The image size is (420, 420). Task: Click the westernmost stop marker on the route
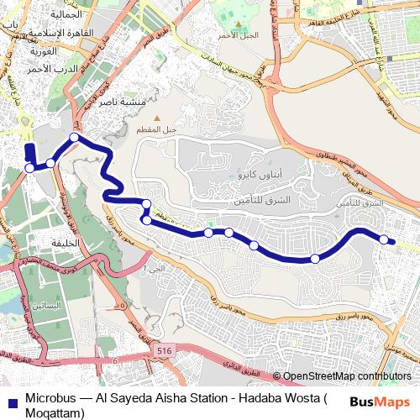29,168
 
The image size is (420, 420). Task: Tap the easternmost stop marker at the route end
384,240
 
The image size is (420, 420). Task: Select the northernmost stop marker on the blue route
75,137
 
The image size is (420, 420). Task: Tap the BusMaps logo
380,402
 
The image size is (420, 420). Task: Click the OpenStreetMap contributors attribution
347,377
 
